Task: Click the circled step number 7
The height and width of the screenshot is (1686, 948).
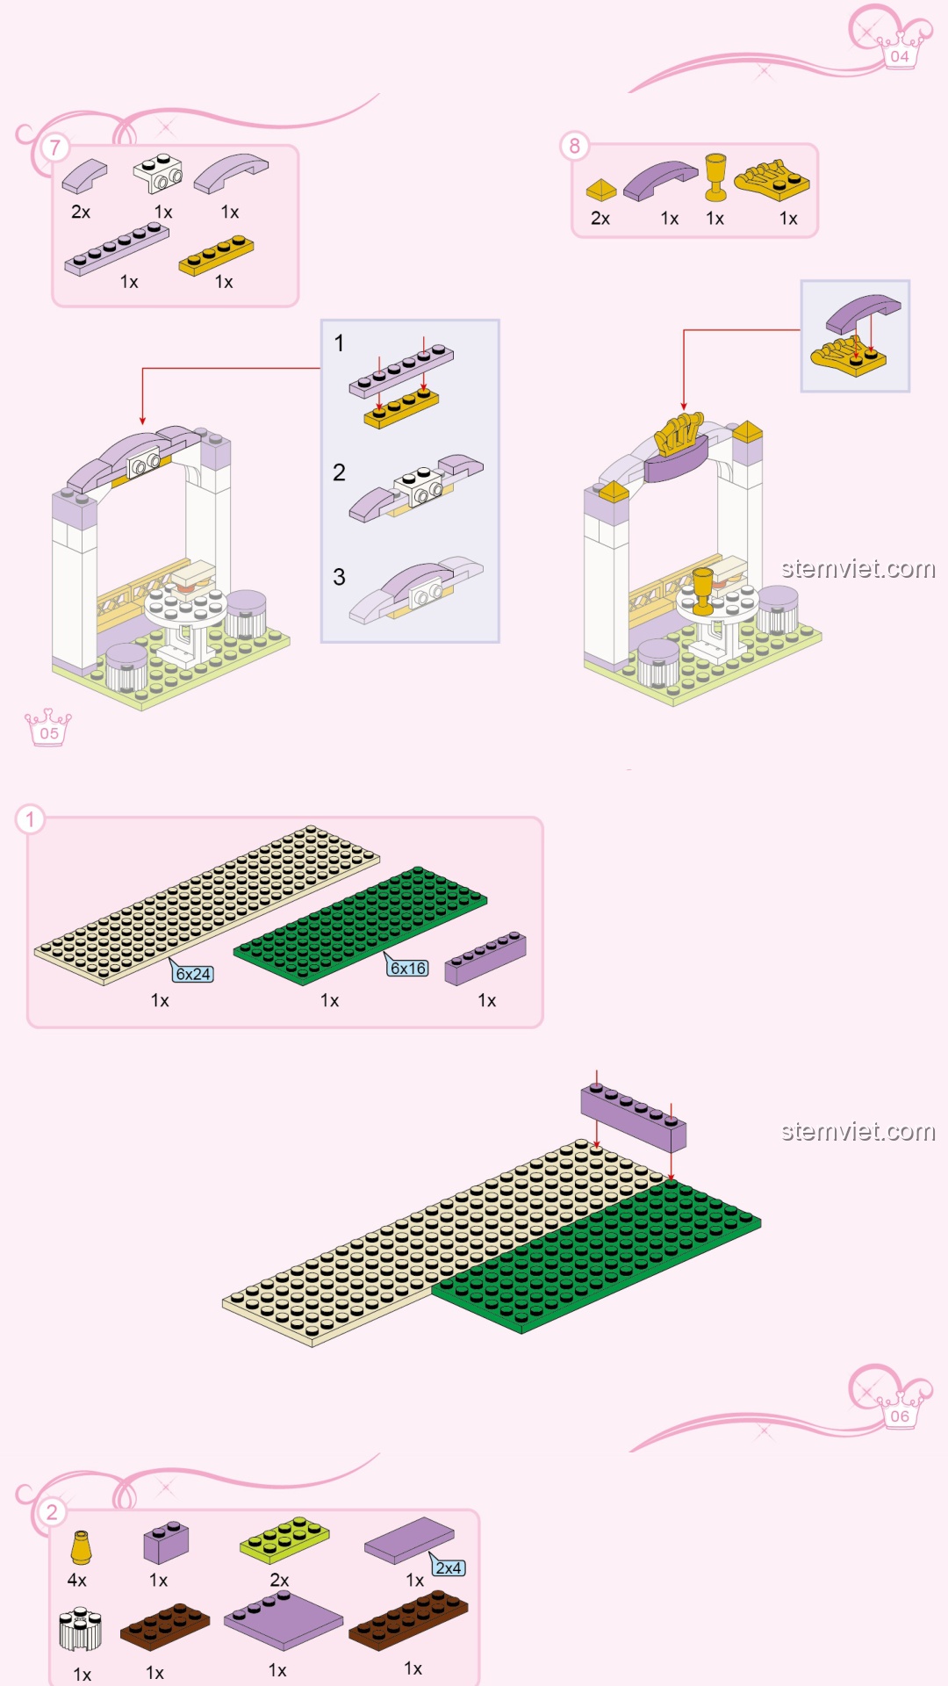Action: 54,148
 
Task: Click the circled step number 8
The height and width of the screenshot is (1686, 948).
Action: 575,146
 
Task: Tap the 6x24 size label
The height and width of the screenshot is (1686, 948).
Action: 192,973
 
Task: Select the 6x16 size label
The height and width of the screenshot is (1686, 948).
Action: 407,968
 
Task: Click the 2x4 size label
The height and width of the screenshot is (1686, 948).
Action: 449,1567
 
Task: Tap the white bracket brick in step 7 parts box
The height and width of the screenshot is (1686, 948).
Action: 158,173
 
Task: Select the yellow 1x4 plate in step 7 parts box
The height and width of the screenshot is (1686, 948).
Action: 216,256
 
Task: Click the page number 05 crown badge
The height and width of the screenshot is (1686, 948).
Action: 48,728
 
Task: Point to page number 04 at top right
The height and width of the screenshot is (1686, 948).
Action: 900,56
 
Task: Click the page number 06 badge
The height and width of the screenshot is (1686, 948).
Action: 900,1416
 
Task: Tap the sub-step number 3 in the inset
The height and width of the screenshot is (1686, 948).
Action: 339,577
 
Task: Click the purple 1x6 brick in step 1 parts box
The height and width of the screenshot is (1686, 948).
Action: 485,958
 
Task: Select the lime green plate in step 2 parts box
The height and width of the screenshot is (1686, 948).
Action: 284,1539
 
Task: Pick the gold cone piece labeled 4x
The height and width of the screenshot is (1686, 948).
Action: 81,1548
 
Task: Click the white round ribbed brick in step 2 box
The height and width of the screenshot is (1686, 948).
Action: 81,1631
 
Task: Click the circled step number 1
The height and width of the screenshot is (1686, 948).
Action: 30,820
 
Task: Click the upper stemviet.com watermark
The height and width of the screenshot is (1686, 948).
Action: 858,569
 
